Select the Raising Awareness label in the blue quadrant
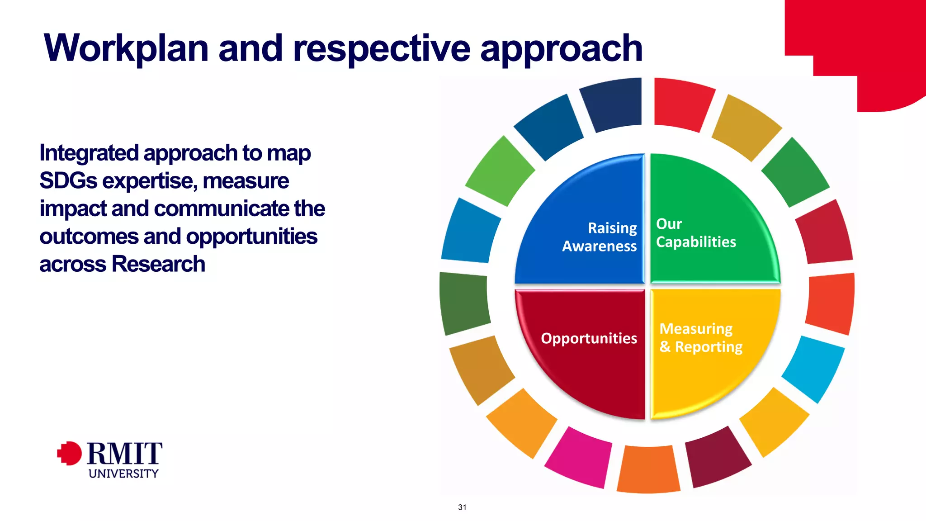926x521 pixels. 600,237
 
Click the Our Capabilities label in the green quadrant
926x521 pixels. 695,233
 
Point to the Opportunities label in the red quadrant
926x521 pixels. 589,338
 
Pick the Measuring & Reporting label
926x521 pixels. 700,337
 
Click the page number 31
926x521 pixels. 462,507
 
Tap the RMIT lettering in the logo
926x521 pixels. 124,454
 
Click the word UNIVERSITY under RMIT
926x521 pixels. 123,474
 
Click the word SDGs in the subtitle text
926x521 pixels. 68,181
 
